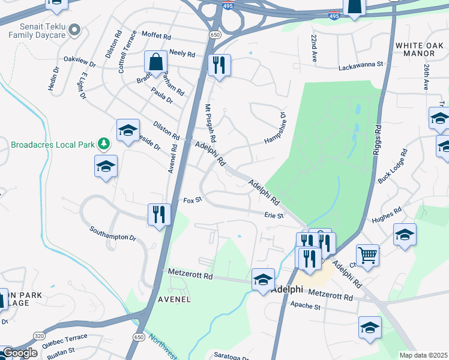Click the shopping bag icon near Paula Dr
(x=156, y=62)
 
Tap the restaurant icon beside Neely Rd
(x=219, y=65)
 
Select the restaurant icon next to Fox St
(x=158, y=214)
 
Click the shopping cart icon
(x=367, y=254)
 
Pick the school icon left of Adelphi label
(x=263, y=280)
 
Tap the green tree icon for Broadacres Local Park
(x=104, y=143)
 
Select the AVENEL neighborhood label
(x=174, y=299)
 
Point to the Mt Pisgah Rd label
(x=211, y=124)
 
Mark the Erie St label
(x=273, y=215)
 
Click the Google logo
(x=20, y=353)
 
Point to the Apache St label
(x=306, y=306)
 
